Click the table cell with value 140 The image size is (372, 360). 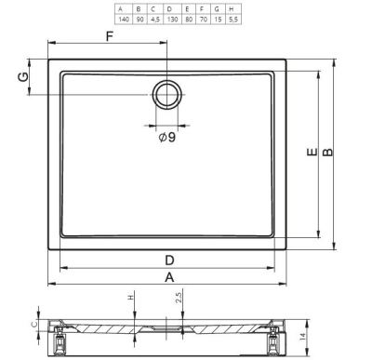point(124,19)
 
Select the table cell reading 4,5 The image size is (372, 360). point(154,19)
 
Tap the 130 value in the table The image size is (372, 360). point(172,19)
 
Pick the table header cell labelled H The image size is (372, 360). point(232,9)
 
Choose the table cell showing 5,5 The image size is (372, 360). point(232,19)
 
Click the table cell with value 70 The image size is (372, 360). point(204,19)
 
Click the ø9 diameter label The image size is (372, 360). point(167,137)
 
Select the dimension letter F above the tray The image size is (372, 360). point(109,36)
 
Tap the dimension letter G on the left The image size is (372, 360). point(23,77)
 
